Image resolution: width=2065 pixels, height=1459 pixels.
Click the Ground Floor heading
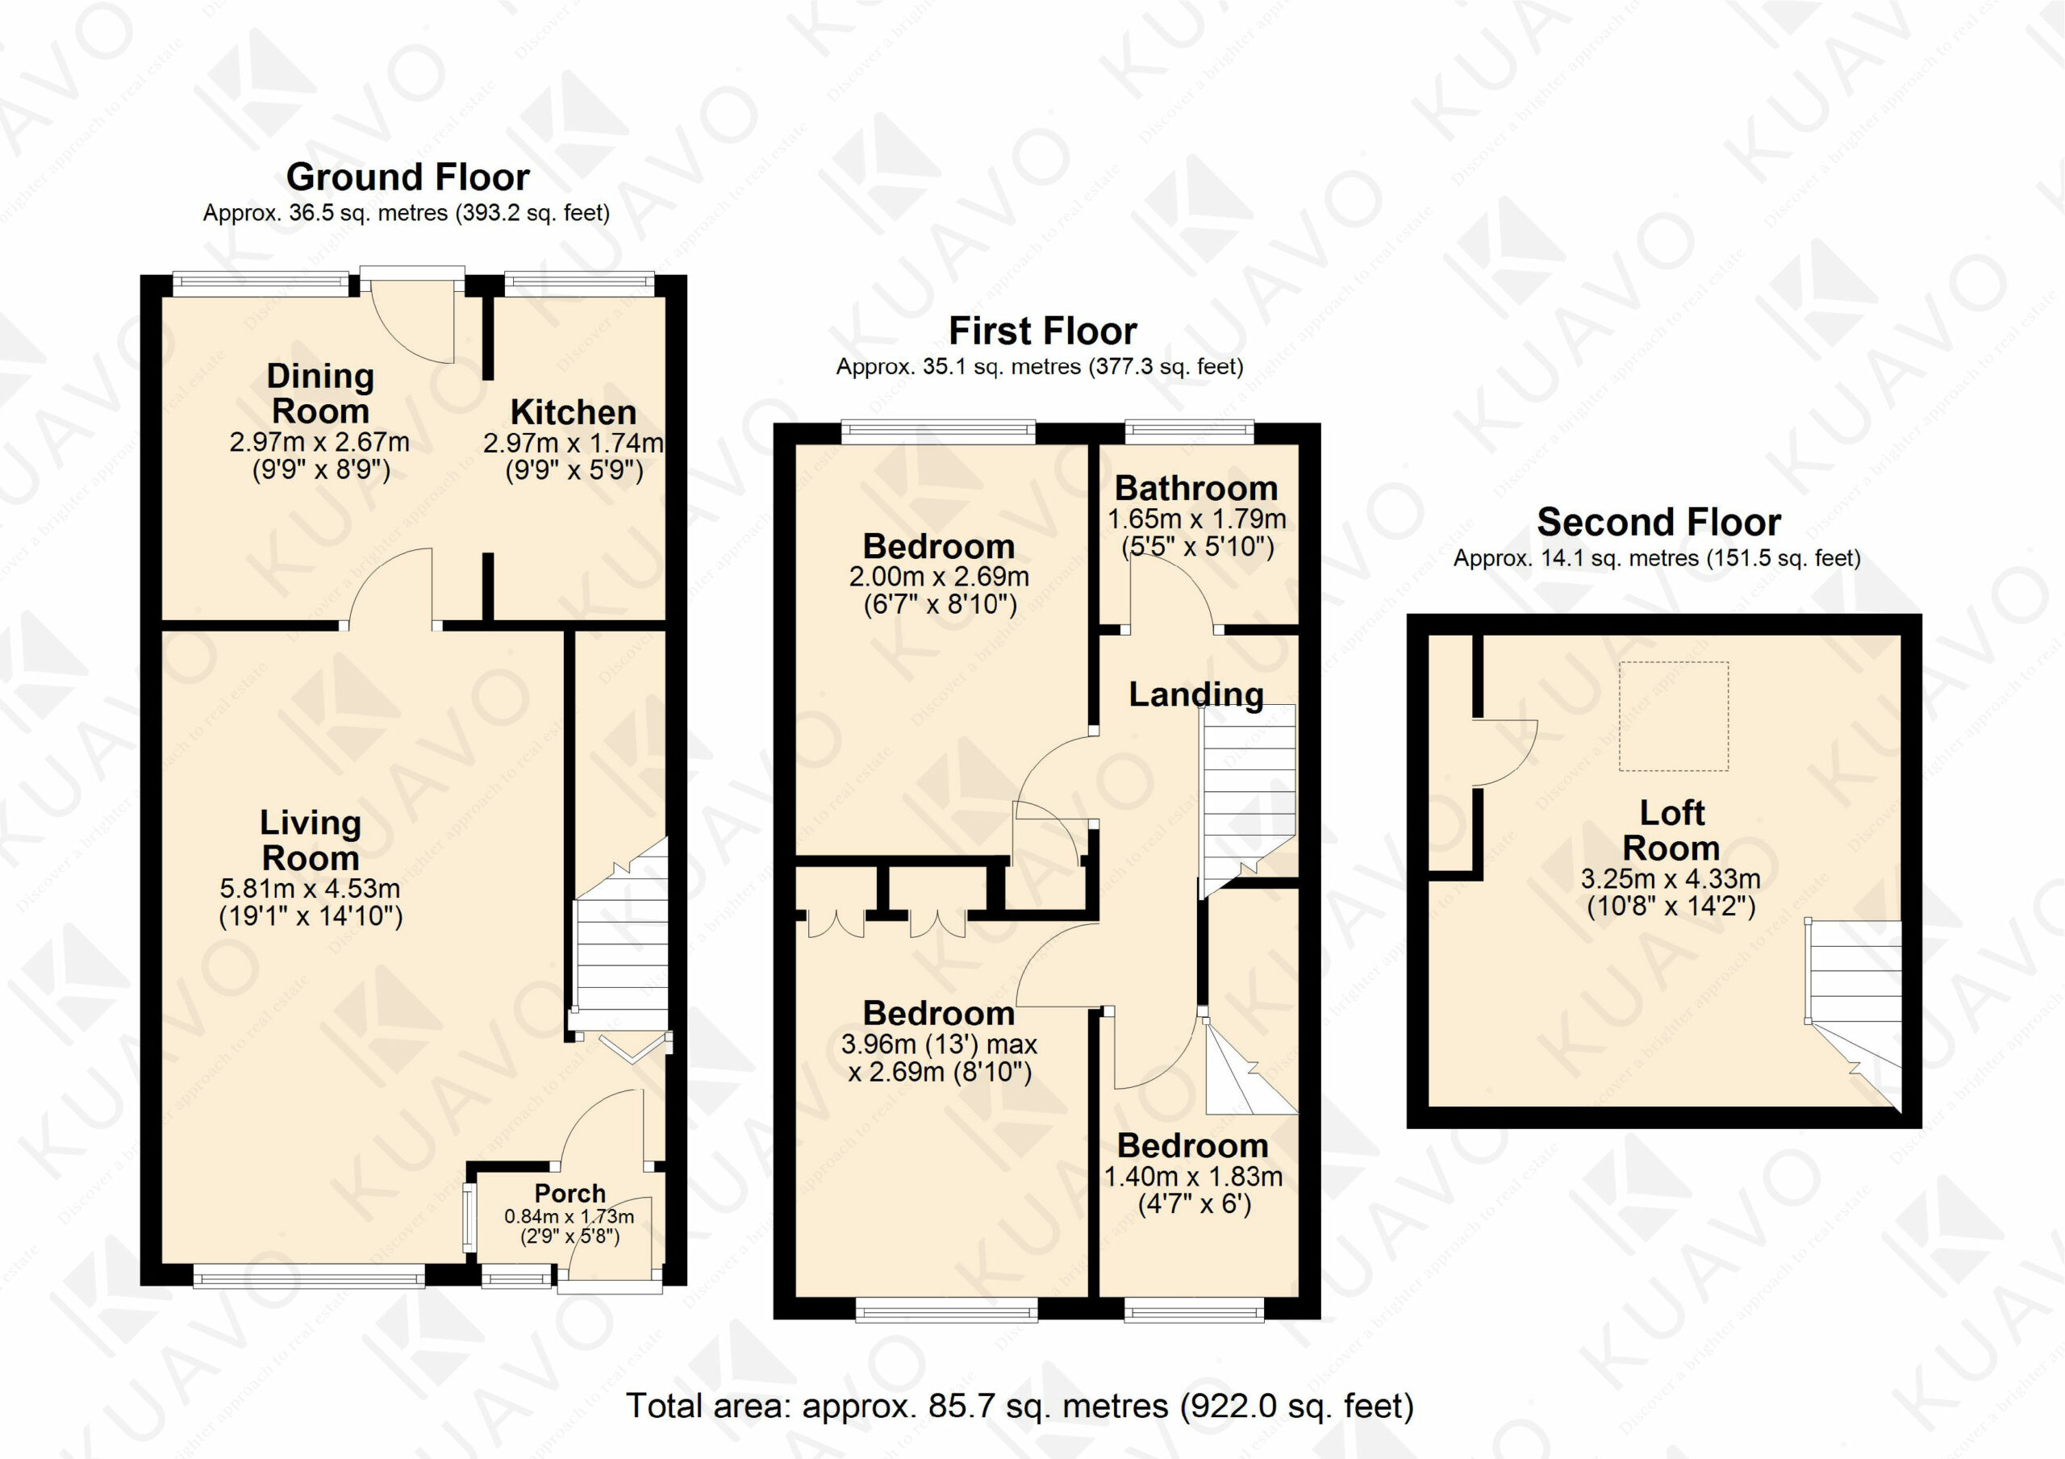[407, 177]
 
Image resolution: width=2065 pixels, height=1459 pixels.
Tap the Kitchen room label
[574, 412]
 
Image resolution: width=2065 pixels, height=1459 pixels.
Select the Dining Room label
[320, 393]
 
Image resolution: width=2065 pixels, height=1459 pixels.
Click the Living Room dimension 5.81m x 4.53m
[311, 888]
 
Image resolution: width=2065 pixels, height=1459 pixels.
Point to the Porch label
[570, 1193]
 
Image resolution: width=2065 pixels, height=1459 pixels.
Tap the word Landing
[1196, 694]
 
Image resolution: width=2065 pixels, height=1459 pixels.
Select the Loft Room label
[1671, 830]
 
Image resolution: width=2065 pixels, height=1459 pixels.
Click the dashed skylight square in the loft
[1674, 716]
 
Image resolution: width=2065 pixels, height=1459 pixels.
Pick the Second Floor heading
[1658, 522]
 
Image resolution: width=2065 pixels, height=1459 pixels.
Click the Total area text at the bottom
[1020, 1405]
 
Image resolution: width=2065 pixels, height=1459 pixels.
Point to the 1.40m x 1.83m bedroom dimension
[1194, 1177]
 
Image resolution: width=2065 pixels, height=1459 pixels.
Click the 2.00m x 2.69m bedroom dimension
[939, 577]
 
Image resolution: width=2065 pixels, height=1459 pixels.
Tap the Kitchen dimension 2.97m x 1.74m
[574, 443]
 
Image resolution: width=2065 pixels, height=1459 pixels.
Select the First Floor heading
[1042, 331]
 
